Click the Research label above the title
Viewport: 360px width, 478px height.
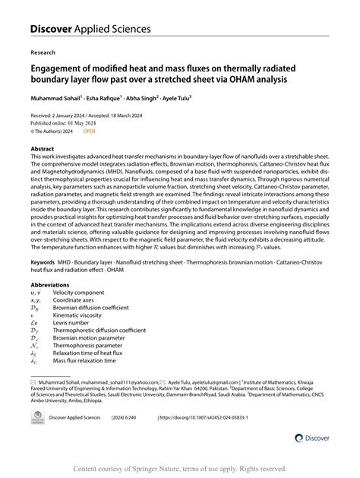pos(43,54)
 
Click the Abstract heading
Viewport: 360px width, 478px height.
pos(43,149)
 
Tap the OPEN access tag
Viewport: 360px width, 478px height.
pos(90,131)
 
